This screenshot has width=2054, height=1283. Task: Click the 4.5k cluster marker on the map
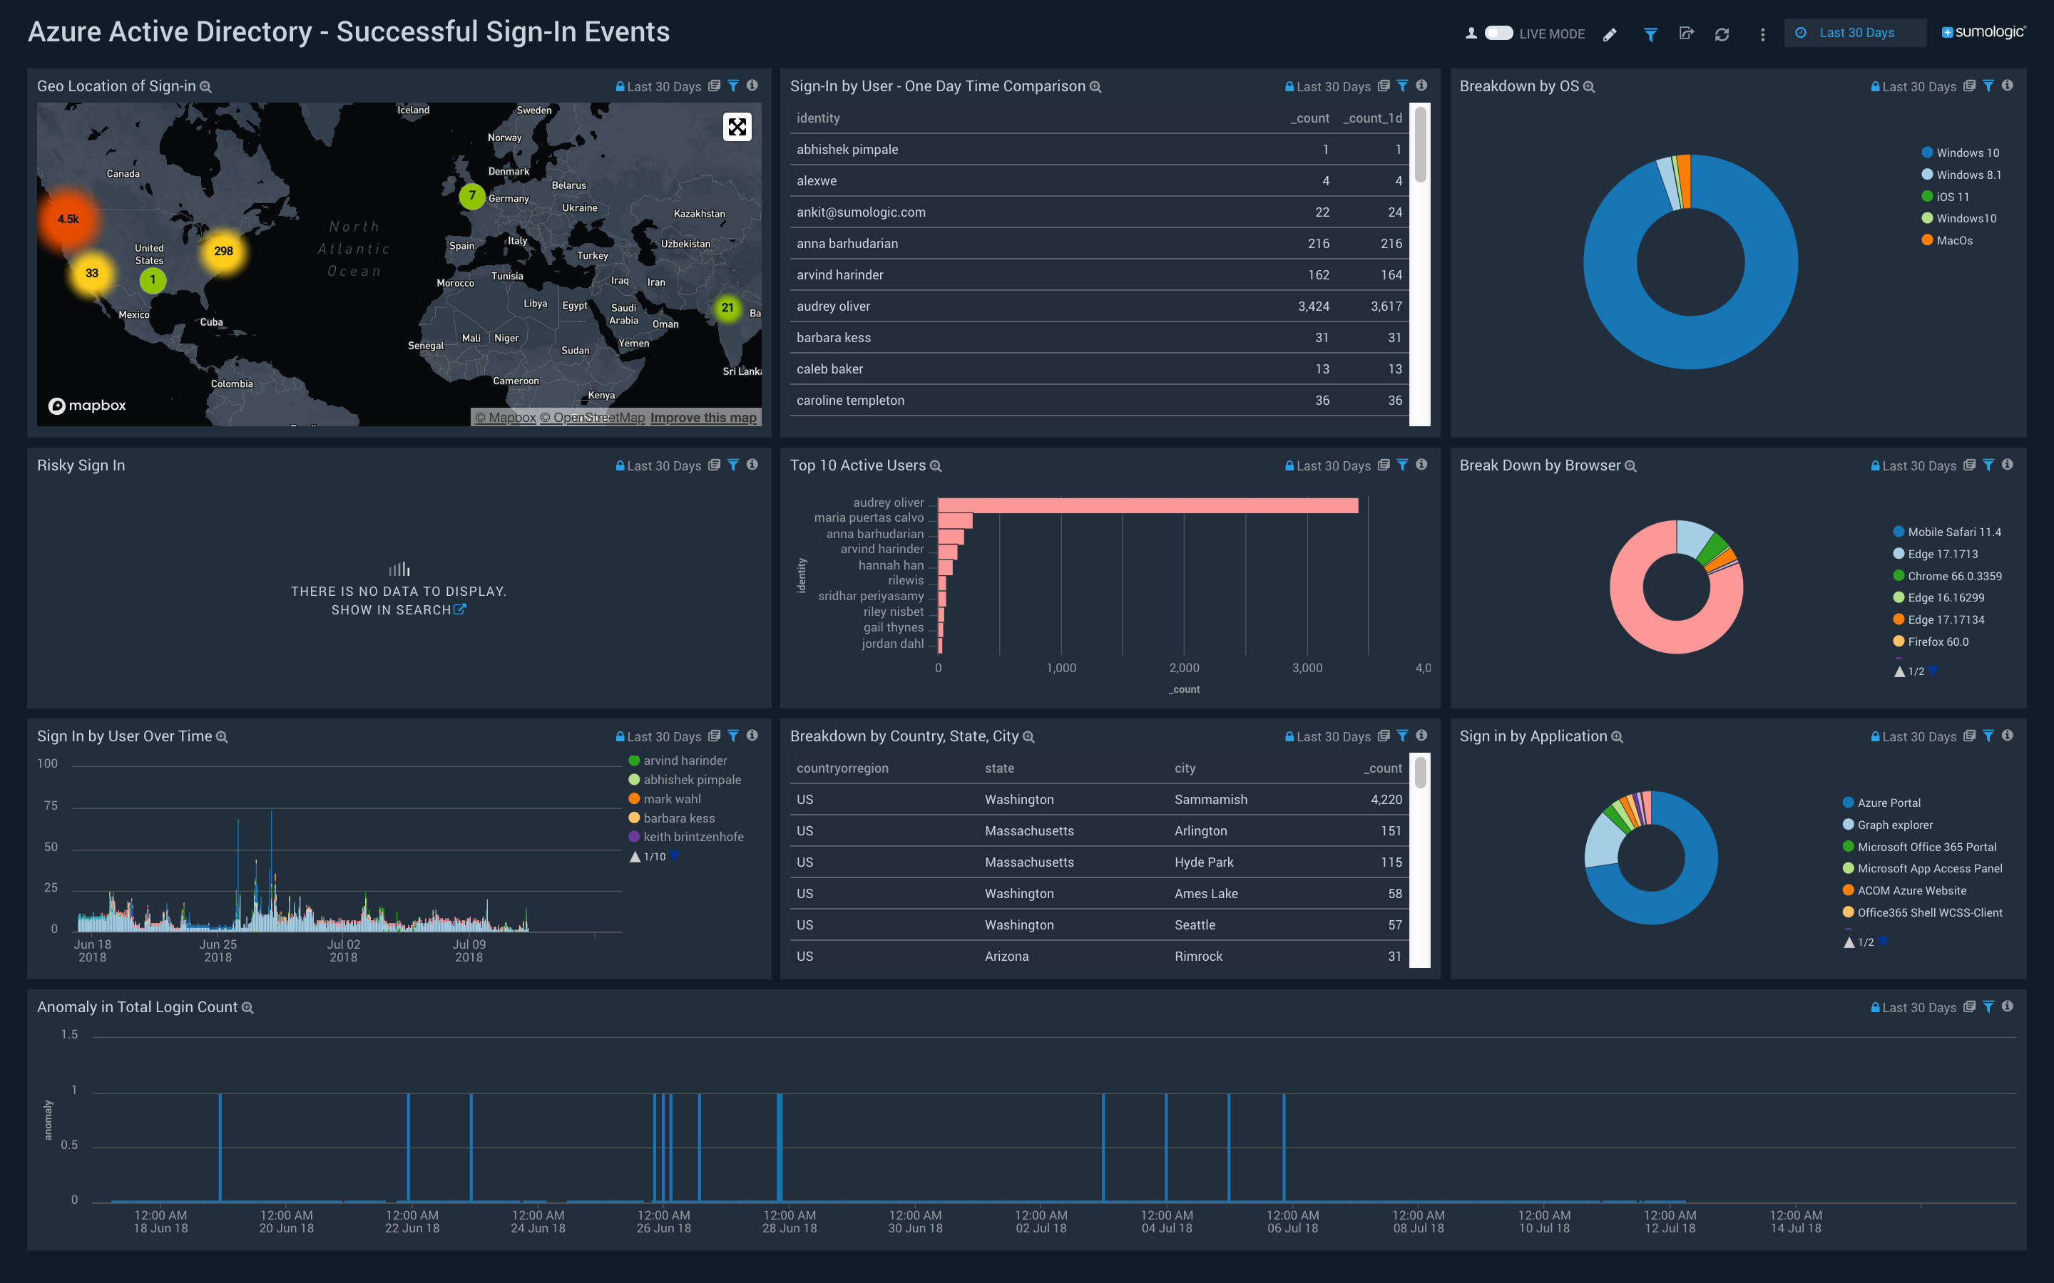68,219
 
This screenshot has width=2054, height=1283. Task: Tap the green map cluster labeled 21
727,308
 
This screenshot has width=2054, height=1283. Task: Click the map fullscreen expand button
737,128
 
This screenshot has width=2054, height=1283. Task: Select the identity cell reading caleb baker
829,369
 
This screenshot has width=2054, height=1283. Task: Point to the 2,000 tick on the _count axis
1183,668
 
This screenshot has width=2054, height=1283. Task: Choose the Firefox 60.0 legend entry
1937,642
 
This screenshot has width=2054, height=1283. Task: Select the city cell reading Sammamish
1210,799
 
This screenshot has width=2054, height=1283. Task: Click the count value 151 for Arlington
1390,830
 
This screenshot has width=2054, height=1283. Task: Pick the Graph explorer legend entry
1894,825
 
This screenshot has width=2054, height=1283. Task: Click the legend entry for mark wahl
671,799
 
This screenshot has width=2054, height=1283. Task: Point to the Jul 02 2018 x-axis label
343,950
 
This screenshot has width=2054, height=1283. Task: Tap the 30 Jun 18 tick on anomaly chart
915,1221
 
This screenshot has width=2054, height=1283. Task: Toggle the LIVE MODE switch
1498,33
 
